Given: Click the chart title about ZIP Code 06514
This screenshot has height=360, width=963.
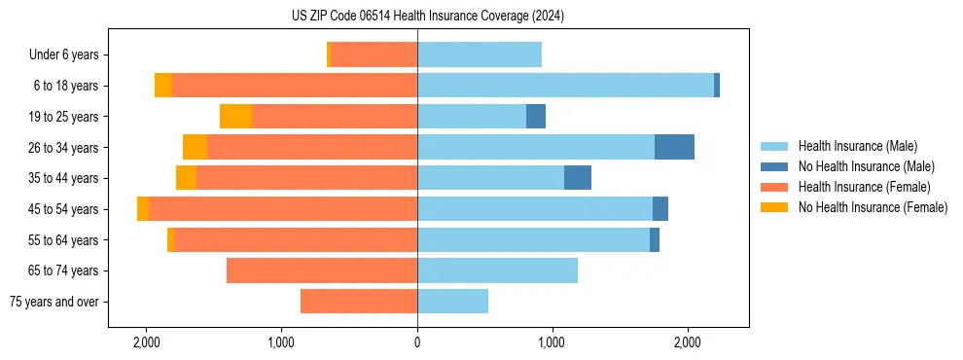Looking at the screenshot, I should (x=427, y=17).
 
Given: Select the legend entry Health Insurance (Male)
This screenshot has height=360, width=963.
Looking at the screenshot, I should (x=857, y=146).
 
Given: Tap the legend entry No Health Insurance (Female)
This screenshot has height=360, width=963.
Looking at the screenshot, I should (x=873, y=207).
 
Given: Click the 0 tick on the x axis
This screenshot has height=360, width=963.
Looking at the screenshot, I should (x=417, y=342).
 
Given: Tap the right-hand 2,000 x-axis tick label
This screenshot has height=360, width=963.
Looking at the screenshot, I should (x=688, y=342).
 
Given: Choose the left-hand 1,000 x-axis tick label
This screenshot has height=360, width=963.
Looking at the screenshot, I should (x=282, y=342).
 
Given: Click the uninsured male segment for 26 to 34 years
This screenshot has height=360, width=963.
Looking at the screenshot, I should (x=674, y=147).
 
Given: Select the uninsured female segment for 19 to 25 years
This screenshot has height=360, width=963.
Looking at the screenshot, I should (x=235, y=117).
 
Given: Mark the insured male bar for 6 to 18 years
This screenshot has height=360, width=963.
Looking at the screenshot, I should (x=565, y=86).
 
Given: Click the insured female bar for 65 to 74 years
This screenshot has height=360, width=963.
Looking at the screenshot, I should (x=322, y=270).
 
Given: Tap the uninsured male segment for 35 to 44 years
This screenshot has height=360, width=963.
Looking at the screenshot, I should (x=578, y=178).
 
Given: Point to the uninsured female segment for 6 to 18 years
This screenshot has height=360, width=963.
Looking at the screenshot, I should (x=163, y=86).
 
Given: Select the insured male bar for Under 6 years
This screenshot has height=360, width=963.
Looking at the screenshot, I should (x=479, y=54).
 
